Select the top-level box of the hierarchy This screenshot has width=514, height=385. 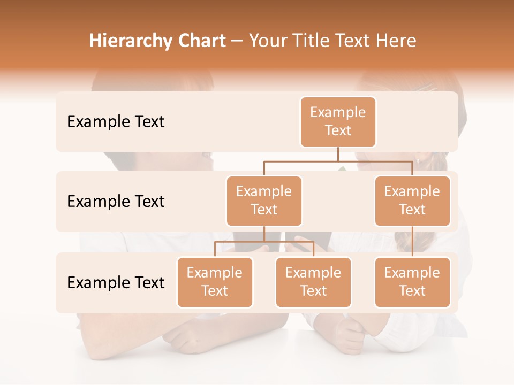tap(338, 122)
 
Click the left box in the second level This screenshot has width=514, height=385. tap(264, 201)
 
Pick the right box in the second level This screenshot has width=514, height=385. tap(412, 201)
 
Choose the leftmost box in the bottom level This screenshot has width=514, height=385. tap(215, 282)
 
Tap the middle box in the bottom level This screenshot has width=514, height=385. tap(313, 282)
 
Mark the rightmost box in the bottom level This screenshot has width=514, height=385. tap(412, 282)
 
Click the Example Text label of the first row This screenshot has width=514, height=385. tap(116, 122)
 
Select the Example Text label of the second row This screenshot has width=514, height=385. tap(116, 202)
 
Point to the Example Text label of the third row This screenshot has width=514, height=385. tap(116, 282)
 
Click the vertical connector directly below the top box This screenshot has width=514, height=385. tap(338, 154)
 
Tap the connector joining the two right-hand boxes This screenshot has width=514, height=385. tap(412, 242)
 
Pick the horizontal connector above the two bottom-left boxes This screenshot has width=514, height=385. tap(264, 242)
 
